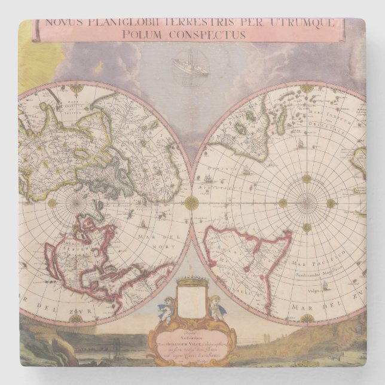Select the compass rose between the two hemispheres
(191, 203)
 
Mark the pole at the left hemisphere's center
(77, 203)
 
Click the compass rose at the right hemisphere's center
(307, 203)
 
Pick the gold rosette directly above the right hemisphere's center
(307, 179)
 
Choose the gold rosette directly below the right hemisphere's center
(307, 227)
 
